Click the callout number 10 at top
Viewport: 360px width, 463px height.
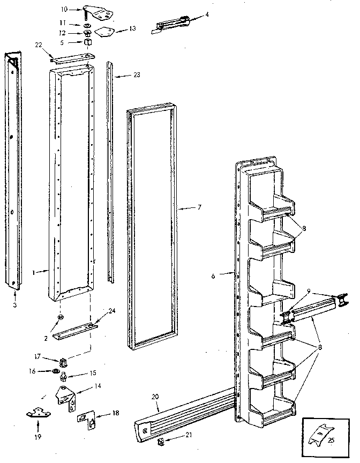(64, 9)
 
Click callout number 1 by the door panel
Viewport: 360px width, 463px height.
(34, 272)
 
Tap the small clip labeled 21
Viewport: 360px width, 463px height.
(160, 442)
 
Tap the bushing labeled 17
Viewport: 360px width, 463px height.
(64, 359)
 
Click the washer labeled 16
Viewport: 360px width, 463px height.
(55, 370)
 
